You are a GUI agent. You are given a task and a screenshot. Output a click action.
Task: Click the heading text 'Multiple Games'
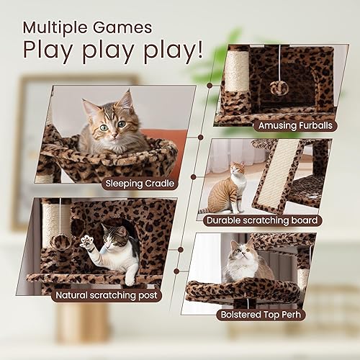coord(86,27)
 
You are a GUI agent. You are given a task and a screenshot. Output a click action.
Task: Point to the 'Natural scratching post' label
coord(107,295)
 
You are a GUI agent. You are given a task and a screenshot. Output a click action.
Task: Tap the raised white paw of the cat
coord(88,241)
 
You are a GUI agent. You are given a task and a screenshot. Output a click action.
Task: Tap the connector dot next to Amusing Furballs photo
coord(210,85)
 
